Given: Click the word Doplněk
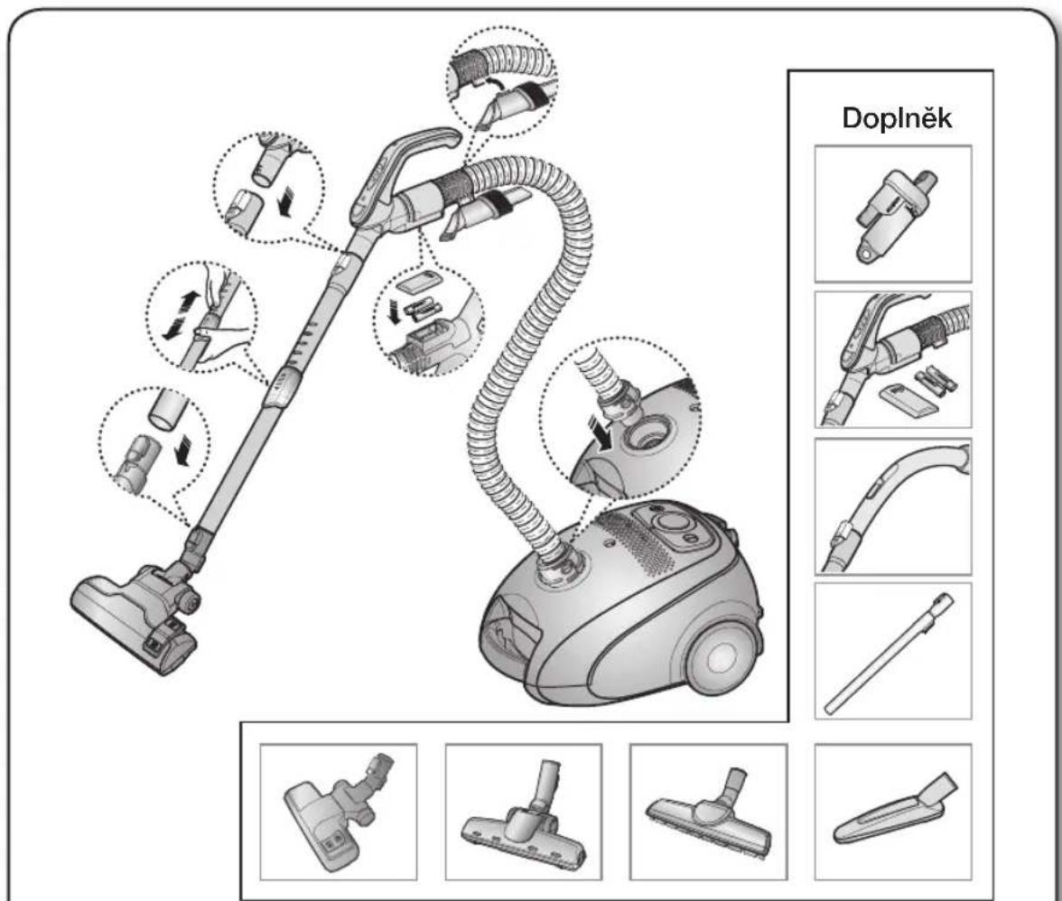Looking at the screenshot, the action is pyautogui.click(x=897, y=118).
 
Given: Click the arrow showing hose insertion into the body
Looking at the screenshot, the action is pyautogui.click(x=602, y=432).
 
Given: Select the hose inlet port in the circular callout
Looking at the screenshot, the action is pyautogui.click(x=647, y=434).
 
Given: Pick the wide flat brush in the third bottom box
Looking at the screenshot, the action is pyautogui.click(x=708, y=813).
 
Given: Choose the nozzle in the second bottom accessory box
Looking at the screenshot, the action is pyautogui.click(x=524, y=818).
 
